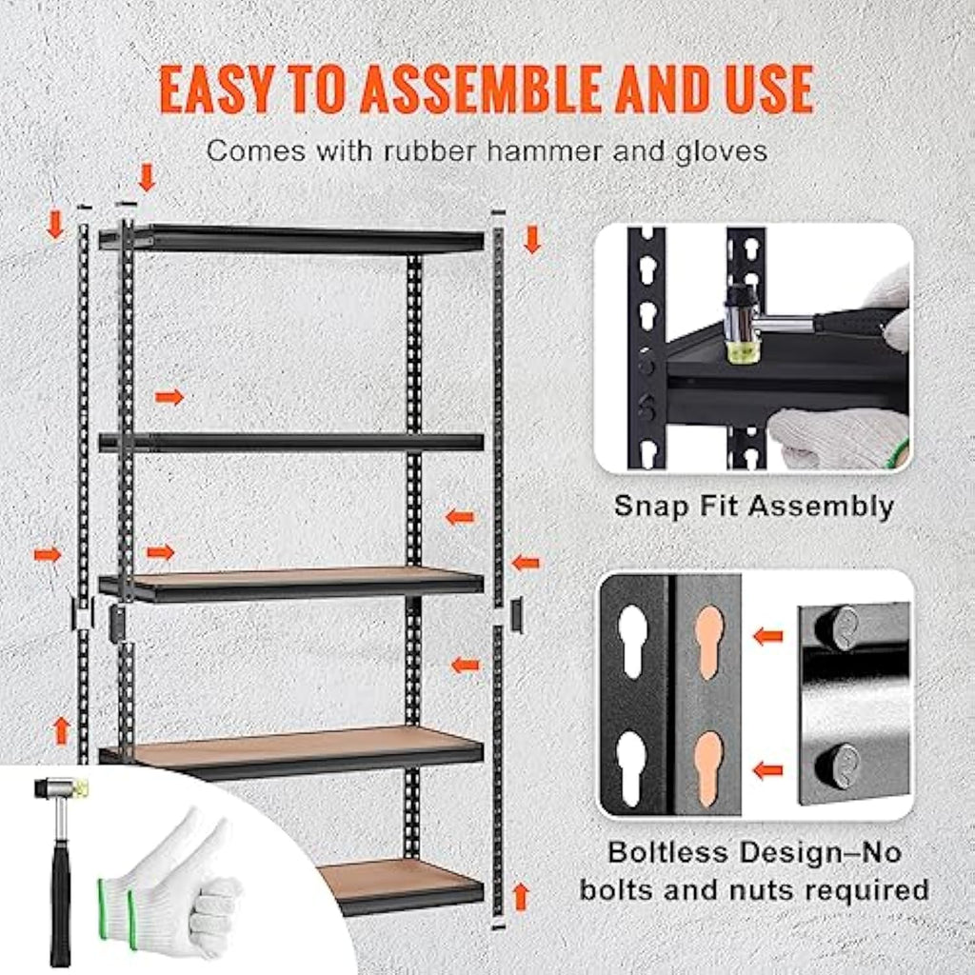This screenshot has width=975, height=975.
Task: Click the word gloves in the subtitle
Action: [720, 150]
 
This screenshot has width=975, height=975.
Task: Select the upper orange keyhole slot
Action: [708, 644]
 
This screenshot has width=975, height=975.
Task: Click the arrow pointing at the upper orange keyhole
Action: [767, 635]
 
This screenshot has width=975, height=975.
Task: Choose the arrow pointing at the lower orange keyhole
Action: [767, 769]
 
